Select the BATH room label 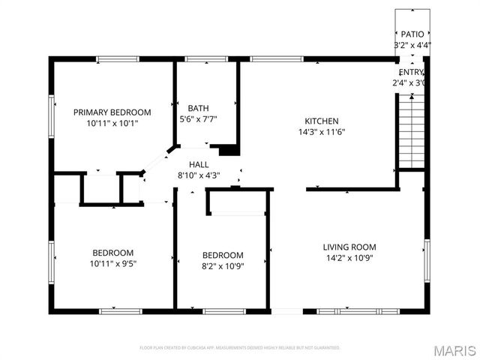pyautogui.click(x=198, y=108)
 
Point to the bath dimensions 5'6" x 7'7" pyautogui.click(x=198, y=118)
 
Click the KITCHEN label pyautogui.click(x=321, y=121)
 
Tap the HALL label pyautogui.click(x=199, y=165)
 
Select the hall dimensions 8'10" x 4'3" pyautogui.click(x=199, y=175)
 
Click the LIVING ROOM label pyautogui.click(x=349, y=247)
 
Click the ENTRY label pyautogui.click(x=412, y=72)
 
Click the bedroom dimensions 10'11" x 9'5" pyautogui.click(x=113, y=263)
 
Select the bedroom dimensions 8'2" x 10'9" pyautogui.click(x=223, y=265)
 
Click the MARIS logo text pyautogui.click(x=454, y=349)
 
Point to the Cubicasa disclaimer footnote pyautogui.click(x=240, y=348)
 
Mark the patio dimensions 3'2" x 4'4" pyautogui.click(x=412, y=45)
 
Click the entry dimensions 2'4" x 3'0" pyautogui.click(x=409, y=82)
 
